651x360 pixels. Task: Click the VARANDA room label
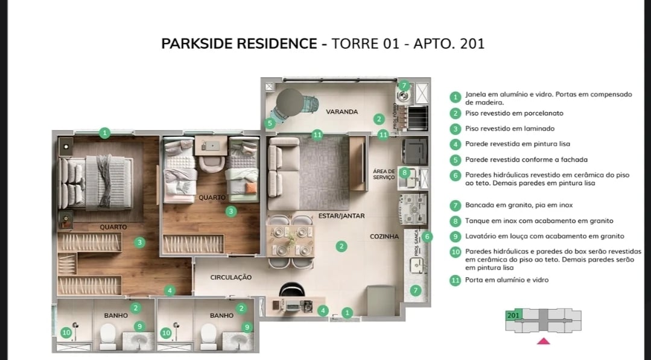[x=342, y=112]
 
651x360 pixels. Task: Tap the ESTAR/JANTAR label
[x=341, y=215]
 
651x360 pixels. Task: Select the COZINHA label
[x=384, y=237]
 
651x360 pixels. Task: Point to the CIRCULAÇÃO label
[x=230, y=277]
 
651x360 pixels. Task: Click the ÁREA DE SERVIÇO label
[x=384, y=174]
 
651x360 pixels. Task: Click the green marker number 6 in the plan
[x=427, y=236]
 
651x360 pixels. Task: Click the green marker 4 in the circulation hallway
[x=170, y=291]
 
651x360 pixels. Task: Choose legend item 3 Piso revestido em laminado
[x=509, y=128]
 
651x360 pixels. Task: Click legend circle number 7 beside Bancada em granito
[x=456, y=205]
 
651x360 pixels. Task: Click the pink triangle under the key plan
[x=544, y=341]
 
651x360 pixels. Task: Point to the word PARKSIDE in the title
[x=200, y=44]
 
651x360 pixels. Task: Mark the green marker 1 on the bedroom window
[x=105, y=133]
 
